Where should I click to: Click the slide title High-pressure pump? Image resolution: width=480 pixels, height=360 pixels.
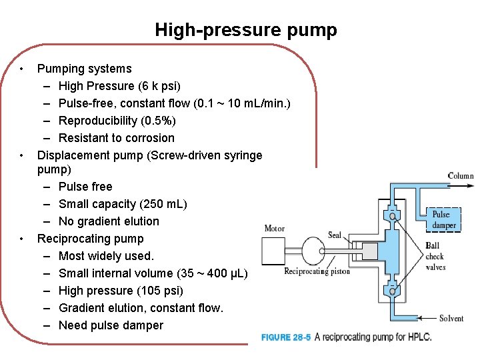(x=246, y=30)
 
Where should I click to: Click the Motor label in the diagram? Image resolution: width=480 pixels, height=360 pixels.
(x=274, y=229)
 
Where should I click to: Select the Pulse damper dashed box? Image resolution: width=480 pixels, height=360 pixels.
(x=444, y=220)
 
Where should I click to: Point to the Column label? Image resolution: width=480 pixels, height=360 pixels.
(x=461, y=176)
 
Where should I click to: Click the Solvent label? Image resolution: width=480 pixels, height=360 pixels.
(x=451, y=318)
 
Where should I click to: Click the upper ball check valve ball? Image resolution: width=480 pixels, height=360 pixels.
(x=393, y=216)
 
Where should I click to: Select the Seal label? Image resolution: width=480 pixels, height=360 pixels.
(x=334, y=235)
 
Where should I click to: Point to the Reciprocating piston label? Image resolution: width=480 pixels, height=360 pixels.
(x=316, y=271)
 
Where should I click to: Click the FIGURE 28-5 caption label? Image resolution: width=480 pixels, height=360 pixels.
(x=285, y=337)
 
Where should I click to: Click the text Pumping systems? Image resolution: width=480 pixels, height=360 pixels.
(x=85, y=69)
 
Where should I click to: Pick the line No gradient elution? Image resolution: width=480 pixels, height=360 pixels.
(x=109, y=221)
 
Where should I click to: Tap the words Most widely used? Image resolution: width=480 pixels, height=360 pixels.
(x=106, y=256)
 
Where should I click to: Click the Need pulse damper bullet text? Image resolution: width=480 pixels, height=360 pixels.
(x=111, y=325)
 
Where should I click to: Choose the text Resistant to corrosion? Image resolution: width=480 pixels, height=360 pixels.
(x=117, y=138)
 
